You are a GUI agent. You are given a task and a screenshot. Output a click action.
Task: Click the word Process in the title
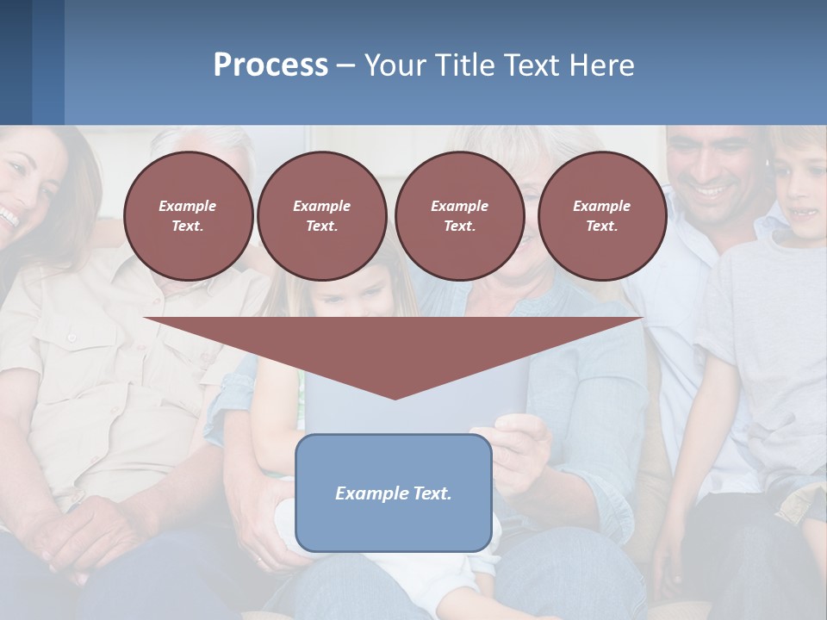(x=270, y=65)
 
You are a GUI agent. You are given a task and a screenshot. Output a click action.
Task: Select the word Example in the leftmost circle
(x=188, y=206)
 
